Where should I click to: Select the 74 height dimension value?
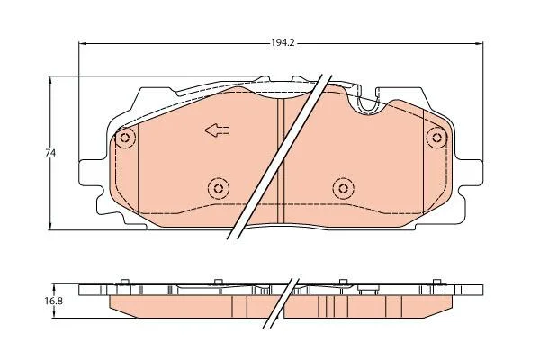click(50, 153)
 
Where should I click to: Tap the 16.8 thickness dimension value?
click(53, 301)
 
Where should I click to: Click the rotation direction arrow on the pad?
click(217, 130)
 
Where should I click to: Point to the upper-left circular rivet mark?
click(125, 139)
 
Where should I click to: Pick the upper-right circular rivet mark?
click(436, 138)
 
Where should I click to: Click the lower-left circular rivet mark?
click(219, 188)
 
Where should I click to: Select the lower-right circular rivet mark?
click(344, 188)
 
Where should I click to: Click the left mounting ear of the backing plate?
click(91, 173)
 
